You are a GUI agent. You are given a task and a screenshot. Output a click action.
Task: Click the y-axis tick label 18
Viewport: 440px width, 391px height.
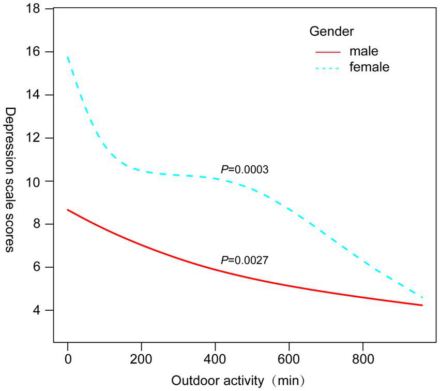[35, 9]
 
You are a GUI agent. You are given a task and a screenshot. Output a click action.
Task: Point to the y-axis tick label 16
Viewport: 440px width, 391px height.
[35, 52]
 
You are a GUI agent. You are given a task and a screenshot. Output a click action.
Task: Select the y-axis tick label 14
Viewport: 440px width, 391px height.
[35, 95]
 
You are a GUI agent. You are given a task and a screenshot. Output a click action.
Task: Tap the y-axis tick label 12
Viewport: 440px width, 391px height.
[35, 138]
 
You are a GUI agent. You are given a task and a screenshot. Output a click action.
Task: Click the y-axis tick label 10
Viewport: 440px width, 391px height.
[35, 181]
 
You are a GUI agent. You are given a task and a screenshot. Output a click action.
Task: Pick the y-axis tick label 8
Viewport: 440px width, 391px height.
[38, 224]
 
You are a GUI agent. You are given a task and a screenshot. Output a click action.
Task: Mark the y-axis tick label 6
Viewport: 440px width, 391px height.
[38, 267]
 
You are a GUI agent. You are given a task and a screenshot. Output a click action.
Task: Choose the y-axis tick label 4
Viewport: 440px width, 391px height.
[38, 310]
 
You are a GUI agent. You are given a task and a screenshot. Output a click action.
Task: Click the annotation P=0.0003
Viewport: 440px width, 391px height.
[241, 169]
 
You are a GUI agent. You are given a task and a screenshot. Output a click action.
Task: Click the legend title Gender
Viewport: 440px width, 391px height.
[331, 32]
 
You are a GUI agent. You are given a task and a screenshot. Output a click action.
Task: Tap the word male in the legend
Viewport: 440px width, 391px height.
[363, 51]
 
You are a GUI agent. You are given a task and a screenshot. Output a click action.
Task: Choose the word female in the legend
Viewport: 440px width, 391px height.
[369, 67]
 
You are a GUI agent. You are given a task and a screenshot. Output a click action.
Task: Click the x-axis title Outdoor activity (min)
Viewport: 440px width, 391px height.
[237, 382]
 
